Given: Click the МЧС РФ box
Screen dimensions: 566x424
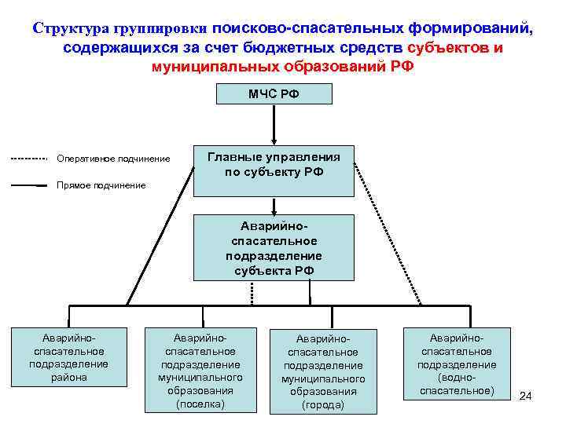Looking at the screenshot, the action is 274,93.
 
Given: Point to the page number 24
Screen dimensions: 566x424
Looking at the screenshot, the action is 526,396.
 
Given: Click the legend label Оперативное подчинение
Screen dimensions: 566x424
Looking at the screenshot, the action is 113,159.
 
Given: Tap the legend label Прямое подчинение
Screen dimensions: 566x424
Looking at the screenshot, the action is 101,185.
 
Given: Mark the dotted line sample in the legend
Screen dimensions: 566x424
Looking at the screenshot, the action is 31,159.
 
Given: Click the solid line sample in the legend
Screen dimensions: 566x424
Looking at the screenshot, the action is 31,186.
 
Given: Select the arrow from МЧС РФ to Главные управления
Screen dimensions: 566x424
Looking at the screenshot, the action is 274,124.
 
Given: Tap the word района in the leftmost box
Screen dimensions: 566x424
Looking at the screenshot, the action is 68,377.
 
